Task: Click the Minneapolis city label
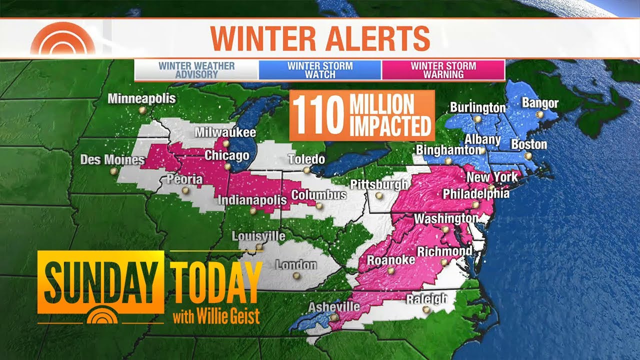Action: click(142, 98)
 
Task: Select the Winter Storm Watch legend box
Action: click(320, 70)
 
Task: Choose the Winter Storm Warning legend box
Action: click(443, 70)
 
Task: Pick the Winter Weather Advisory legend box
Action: click(196, 70)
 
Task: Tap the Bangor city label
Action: click(540, 103)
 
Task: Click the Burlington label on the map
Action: click(477, 107)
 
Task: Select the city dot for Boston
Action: click(527, 156)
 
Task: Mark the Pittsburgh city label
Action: click(379, 184)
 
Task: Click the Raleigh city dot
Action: click(426, 310)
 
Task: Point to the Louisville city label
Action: click(258, 236)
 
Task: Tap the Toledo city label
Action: click(306, 159)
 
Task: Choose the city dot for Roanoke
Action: click(390, 271)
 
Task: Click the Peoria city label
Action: click(185, 179)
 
